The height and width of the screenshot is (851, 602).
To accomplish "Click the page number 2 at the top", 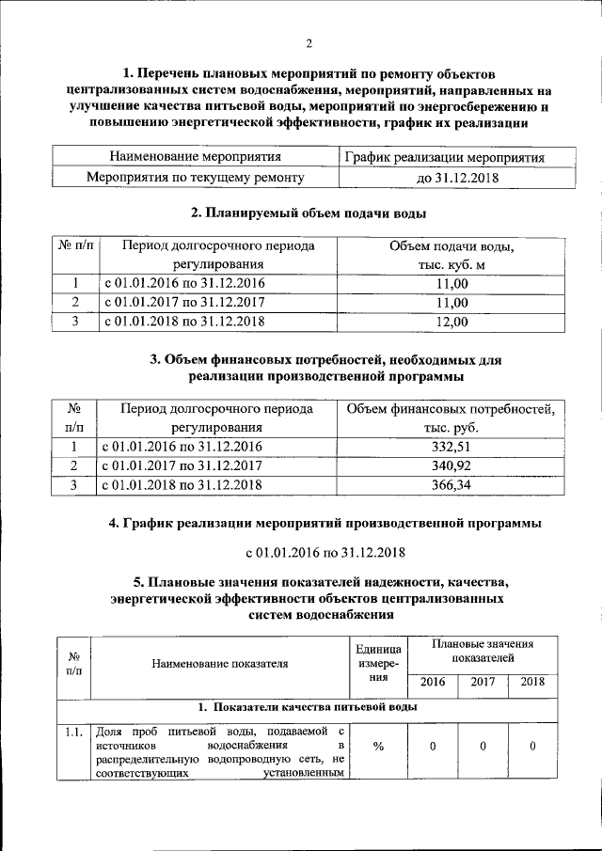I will point(308,42).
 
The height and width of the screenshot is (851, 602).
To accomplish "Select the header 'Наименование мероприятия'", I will point(195,156).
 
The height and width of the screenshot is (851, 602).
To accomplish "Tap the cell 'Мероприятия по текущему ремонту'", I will point(195,177).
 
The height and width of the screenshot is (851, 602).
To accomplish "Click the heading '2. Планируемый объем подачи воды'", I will point(308,213).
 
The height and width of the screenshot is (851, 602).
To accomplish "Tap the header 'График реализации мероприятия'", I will point(444,156).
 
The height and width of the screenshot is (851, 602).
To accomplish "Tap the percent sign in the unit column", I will point(379,746).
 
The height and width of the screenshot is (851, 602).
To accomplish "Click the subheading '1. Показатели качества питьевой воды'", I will point(308,707).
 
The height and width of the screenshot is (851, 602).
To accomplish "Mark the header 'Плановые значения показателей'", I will point(482,651).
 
